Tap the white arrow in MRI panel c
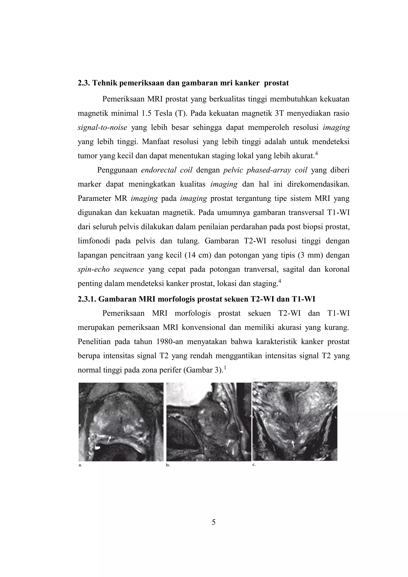tap(293, 444)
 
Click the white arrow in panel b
tap(229, 443)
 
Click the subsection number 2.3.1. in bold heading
tap(87, 299)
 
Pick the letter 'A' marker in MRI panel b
tap(169, 416)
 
